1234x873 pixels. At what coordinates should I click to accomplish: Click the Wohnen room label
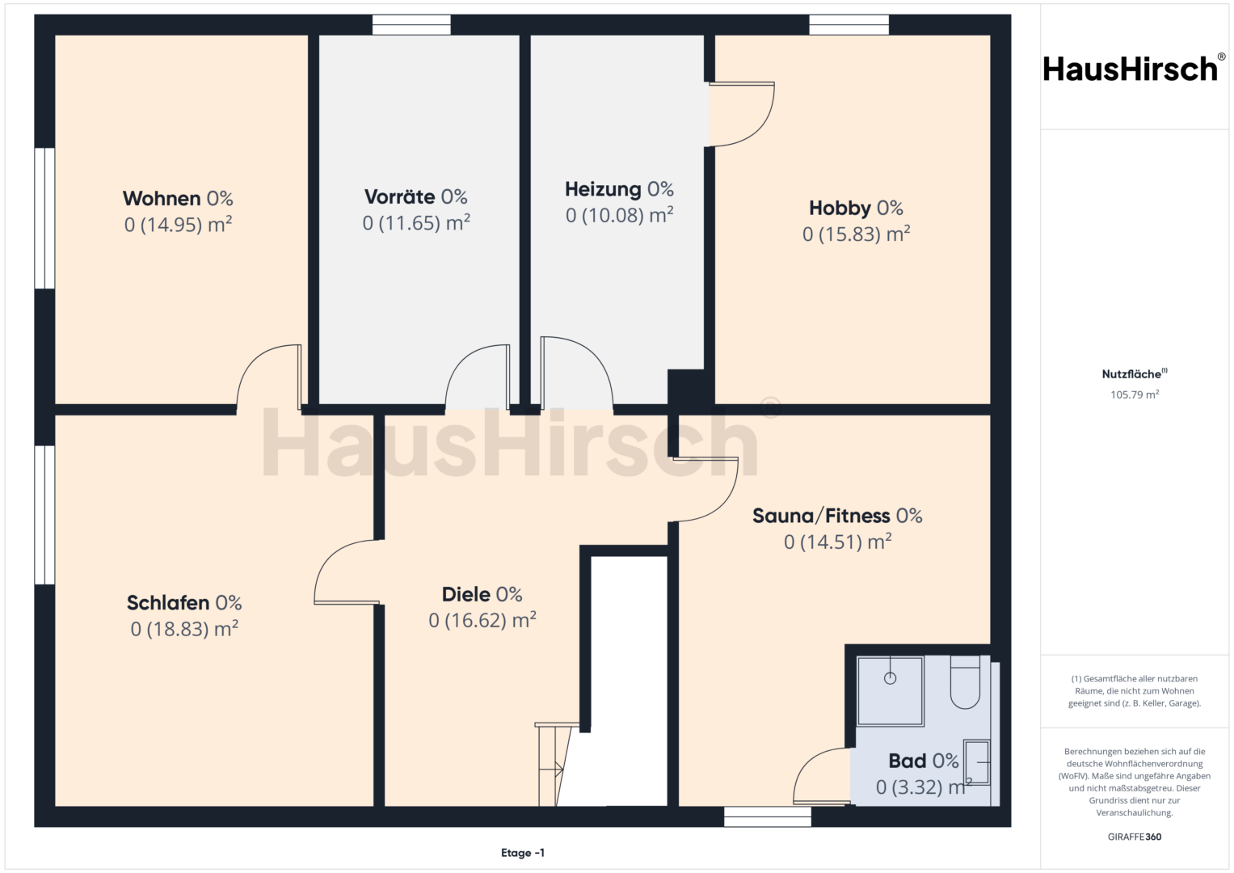[x=162, y=198]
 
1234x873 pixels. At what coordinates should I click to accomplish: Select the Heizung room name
[x=603, y=190]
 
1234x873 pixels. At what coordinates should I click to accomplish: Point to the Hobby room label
[x=840, y=209]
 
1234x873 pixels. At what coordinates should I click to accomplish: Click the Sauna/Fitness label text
[x=821, y=516]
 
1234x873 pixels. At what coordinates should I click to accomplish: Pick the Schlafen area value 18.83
[x=184, y=630]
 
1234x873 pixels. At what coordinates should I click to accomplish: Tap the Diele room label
[x=466, y=595]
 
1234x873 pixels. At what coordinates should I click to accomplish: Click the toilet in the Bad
[x=965, y=681]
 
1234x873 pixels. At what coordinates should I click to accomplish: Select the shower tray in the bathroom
[x=890, y=691]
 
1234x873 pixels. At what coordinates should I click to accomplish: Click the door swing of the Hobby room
[x=742, y=115]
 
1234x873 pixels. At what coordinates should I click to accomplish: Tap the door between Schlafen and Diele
[x=347, y=572]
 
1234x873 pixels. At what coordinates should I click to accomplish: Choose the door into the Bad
[x=822, y=776]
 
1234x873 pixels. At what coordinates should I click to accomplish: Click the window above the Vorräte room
[x=411, y=25]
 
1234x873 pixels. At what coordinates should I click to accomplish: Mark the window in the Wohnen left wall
[x=44, y=218]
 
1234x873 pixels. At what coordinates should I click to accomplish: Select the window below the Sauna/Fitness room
[x=768, y=816]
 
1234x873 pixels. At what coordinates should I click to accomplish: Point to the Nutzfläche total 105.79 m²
[x=1135, y=394]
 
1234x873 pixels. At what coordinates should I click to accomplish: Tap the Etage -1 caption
[x=523, y=853]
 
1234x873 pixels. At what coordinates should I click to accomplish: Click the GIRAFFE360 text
[x=1135, y=837]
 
